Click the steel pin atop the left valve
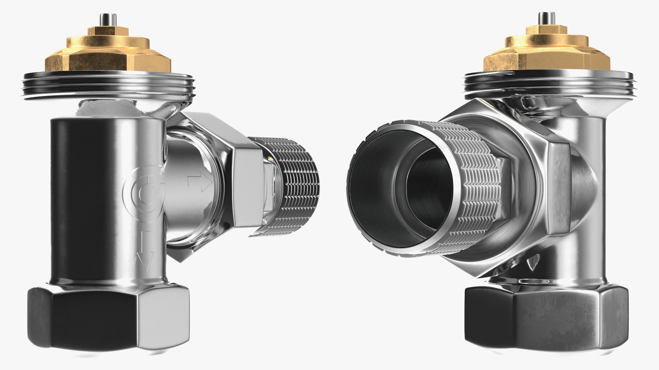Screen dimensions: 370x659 pos(103,19)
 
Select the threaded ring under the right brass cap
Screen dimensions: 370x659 pos(548,84)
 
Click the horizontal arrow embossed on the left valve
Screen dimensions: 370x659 pos(199,182)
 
